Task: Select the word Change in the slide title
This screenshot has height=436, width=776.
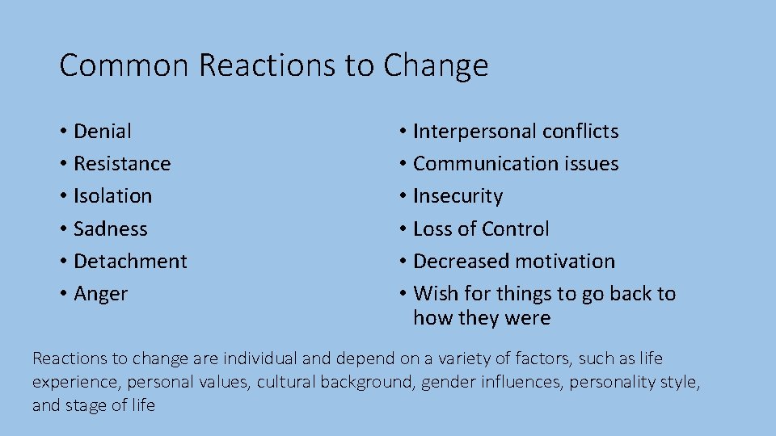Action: click(436, 65)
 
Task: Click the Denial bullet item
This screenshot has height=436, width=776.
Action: click(102, 131)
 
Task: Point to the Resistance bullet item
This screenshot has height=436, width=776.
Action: click(121, 163)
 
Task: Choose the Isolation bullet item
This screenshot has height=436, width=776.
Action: click(112, 196)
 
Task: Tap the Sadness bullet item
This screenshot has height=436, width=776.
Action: click(110, 228)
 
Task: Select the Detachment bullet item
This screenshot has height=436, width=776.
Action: click(129, 261)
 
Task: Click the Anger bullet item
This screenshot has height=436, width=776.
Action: click(100, 294)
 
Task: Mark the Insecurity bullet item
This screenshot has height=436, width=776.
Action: click(458, 196)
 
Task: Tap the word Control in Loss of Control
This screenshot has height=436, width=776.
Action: click(516, 228)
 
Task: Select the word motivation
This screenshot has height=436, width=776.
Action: click(564, 261)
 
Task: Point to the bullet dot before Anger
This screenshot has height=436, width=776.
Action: click(63, 294)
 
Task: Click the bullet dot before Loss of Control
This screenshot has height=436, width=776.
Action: click(402, 229)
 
